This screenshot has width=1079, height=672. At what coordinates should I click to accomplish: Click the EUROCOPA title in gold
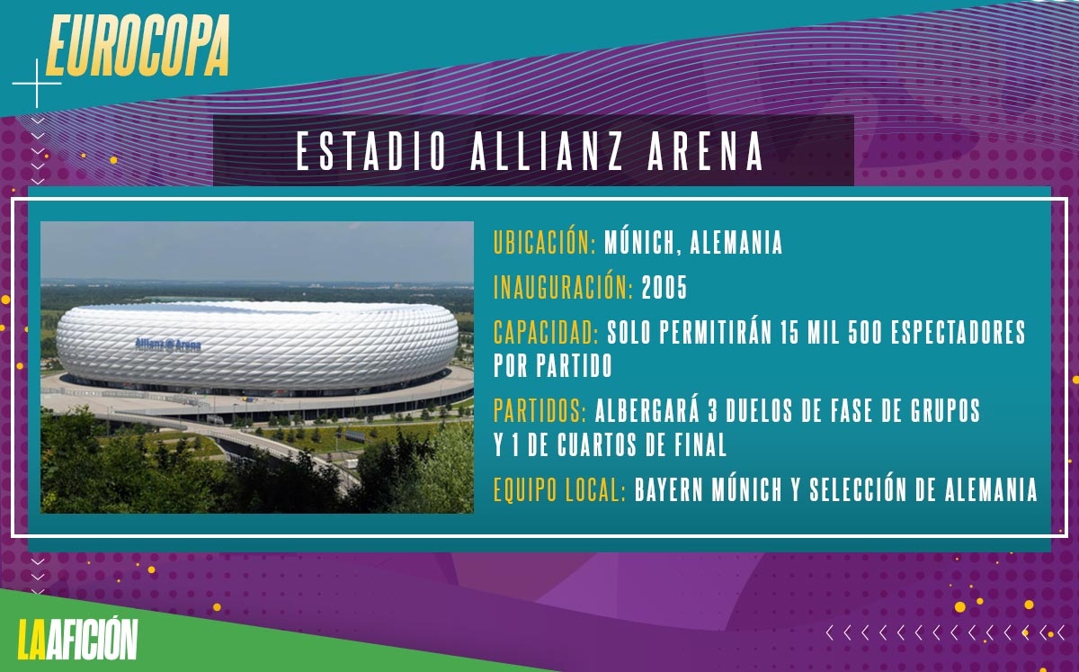138,45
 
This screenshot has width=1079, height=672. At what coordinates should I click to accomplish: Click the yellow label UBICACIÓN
545,242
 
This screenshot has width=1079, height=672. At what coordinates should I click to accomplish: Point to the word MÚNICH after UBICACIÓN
643,242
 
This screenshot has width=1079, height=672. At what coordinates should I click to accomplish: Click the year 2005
664,288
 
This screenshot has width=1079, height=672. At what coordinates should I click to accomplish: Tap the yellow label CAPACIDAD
547,333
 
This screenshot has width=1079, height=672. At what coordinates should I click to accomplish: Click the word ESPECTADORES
959,332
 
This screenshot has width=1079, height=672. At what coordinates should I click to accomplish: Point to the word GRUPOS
945,410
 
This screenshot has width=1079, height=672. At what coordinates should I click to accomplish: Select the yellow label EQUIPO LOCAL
559,489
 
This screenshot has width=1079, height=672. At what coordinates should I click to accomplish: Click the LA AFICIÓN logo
77,640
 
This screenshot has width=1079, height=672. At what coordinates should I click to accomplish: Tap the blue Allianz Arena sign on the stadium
168,345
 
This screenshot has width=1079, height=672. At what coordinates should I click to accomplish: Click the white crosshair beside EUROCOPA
37,84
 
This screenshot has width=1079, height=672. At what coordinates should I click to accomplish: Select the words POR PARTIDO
553,365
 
